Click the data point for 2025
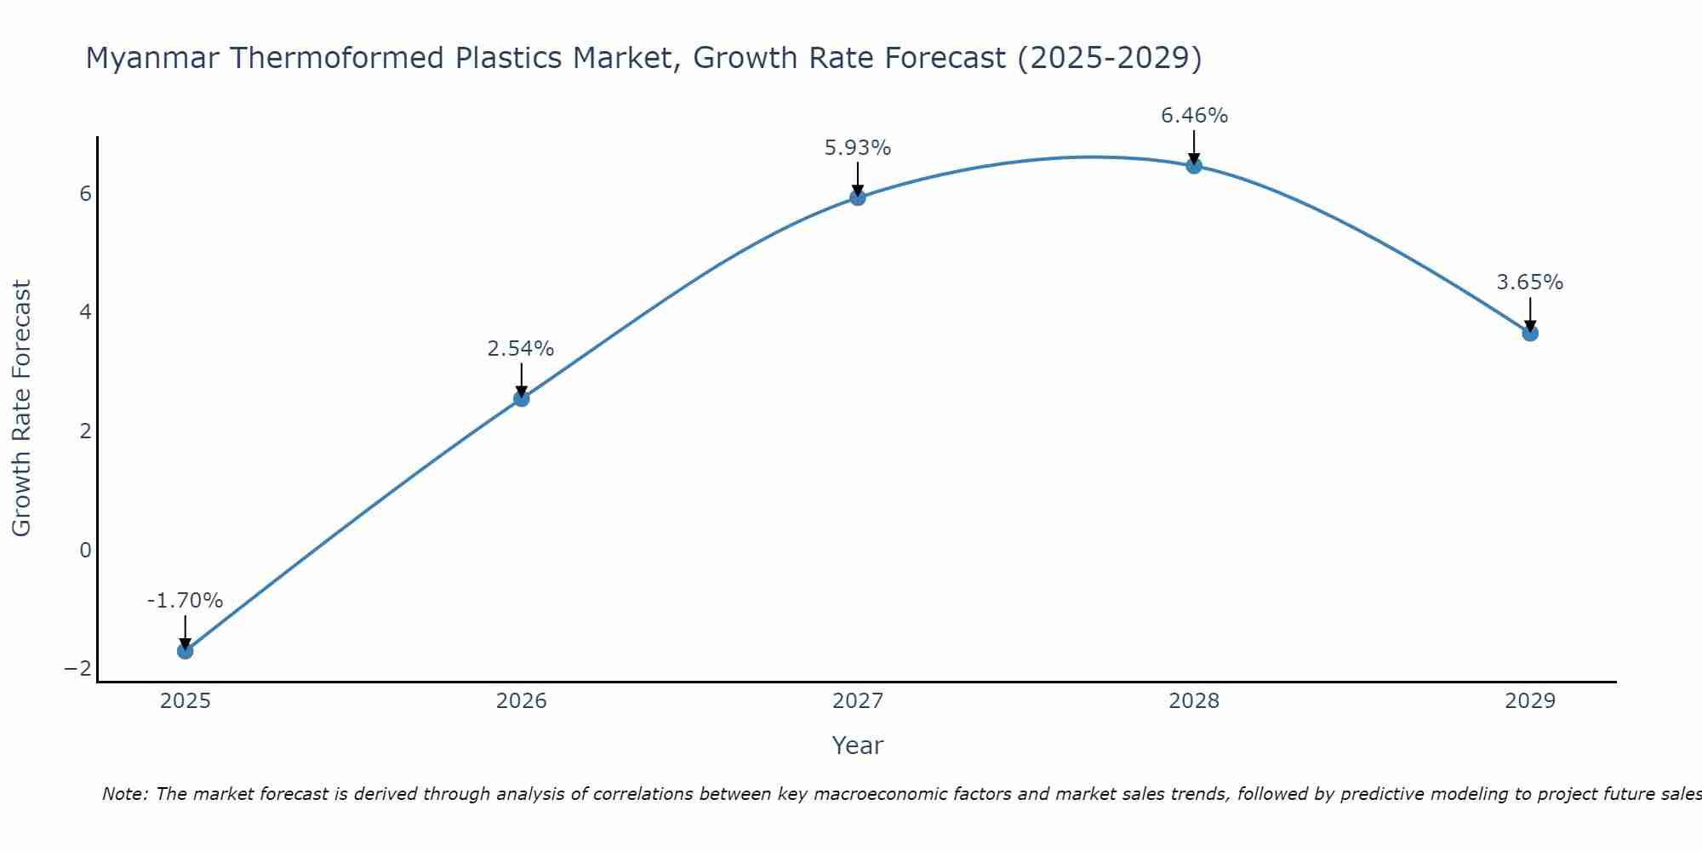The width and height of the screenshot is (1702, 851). point(185,651)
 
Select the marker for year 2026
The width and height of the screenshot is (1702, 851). point(522,398)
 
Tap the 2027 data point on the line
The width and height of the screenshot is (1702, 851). point(858,197)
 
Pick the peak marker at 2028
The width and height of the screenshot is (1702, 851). point(1194,166)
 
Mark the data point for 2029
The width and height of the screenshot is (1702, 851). point(1530,333)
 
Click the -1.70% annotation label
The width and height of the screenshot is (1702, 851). point(185,601)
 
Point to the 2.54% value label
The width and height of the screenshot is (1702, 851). point(521,349)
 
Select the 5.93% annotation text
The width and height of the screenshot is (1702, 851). point(858,148)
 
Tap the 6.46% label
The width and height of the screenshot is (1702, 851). point(1194,116)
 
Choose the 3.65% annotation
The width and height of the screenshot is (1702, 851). point(1530,283)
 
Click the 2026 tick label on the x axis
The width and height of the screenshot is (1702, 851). point(522,701)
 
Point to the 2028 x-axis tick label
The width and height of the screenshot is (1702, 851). point(1194,701)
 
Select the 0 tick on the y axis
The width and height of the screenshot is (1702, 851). point(85,551)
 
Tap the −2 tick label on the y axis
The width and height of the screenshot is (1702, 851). point(77,669)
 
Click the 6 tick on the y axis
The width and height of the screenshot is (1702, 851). point(85,194)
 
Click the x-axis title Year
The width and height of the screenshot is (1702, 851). point(858,745)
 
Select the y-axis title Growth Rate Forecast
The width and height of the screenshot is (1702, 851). point(22,408)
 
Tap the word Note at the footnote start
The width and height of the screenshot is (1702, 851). point(125,794)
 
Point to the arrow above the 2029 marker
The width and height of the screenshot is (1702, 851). point(1530,313)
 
